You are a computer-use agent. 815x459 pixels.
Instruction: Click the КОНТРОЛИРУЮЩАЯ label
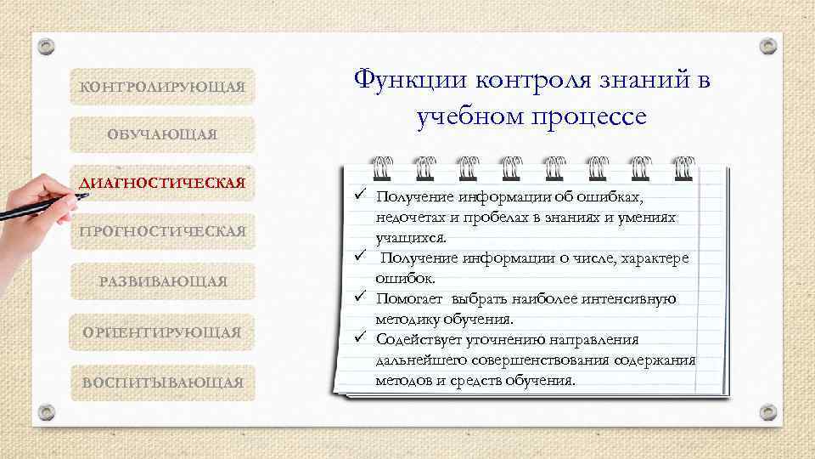[162, 87]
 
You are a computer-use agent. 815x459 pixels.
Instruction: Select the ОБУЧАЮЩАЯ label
[162, 134]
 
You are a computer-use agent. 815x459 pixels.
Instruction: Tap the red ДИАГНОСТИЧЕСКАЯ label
[162, 183]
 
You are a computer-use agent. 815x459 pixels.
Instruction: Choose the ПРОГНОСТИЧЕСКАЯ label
[162, 231]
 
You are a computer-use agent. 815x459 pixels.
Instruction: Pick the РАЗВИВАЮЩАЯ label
[162, 281]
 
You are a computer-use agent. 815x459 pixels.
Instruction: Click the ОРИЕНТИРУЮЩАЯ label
[162, 331]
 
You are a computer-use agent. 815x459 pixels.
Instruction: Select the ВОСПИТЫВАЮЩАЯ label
[162, 382]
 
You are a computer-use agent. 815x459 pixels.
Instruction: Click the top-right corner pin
[768, 46]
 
